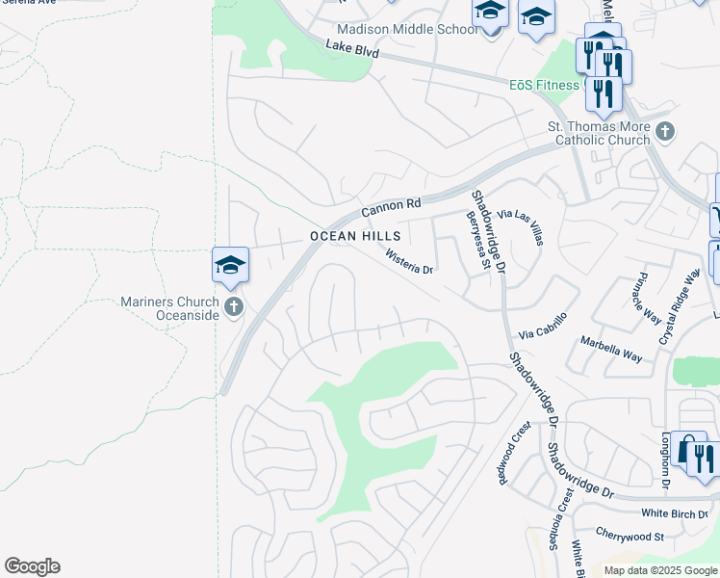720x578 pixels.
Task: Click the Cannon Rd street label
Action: pos(392,205)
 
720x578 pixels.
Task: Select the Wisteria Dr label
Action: pos(410,262)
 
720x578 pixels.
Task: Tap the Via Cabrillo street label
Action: pos(543,327)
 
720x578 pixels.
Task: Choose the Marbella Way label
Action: pos(610,349)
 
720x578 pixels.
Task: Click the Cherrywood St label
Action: pos(630,536)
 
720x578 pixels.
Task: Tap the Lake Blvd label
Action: pos(348,48)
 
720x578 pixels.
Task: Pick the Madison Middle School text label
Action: pos(406,29)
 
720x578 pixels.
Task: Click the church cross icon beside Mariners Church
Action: pos(232,308)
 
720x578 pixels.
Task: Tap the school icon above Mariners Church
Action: pos(231,265)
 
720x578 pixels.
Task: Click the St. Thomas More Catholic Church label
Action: pos(599,133)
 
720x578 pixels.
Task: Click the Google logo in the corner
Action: pos(32,566)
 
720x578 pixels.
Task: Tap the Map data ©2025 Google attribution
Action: pos(660,570)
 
